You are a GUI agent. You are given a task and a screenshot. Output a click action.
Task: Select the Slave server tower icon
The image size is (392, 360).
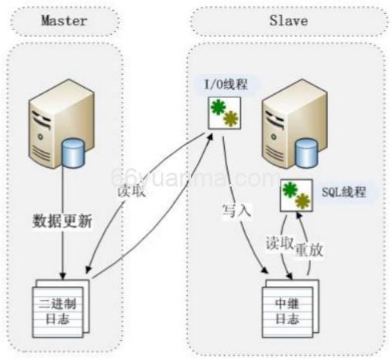pyautogui.click(x=284, y=127)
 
